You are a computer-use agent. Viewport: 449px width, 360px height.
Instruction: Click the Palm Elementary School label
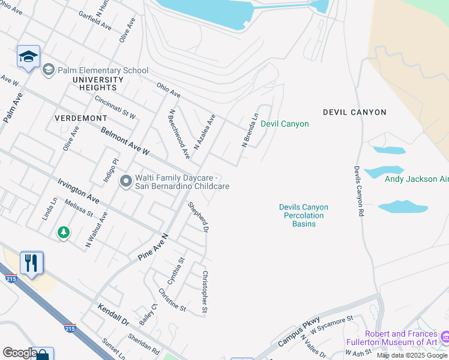click(103, 70)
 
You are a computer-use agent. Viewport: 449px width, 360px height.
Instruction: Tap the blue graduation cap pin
click(28, 57)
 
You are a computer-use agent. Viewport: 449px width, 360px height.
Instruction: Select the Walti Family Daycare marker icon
click(125, 181)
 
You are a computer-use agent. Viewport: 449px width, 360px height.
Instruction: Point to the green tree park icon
click(63, 232)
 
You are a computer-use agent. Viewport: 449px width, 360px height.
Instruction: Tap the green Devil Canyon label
click(285, 124)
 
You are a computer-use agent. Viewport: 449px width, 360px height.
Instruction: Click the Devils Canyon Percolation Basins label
click(303, 215)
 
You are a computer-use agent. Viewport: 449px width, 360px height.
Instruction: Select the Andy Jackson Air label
click(416, 179)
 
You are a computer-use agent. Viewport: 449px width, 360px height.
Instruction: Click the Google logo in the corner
click(20, 353)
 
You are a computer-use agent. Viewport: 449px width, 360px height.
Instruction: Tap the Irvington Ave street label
click(79, 190)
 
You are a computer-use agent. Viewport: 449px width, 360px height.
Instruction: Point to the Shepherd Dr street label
click(198, 217)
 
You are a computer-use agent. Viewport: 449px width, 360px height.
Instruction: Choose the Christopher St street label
click(205, 292)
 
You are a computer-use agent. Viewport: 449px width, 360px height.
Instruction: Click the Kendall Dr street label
click(113, 314)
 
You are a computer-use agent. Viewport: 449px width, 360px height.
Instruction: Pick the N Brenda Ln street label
click(250, 130)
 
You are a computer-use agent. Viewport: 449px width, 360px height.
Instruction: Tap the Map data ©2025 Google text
click(412, 355)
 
